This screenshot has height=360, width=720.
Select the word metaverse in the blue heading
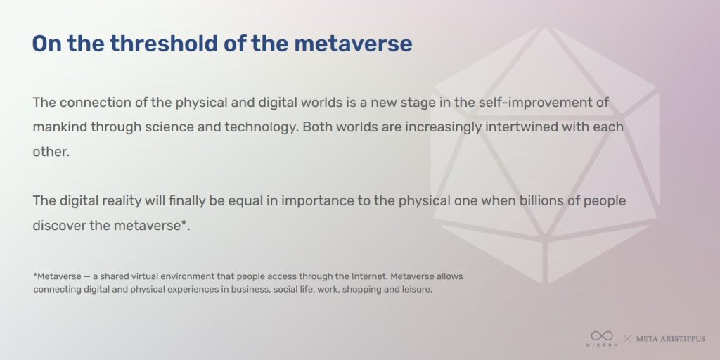(353, 44)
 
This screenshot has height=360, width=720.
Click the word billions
(536, 201)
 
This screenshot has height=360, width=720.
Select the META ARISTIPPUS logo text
(670, 339)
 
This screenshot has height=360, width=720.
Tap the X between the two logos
(627, 339)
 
